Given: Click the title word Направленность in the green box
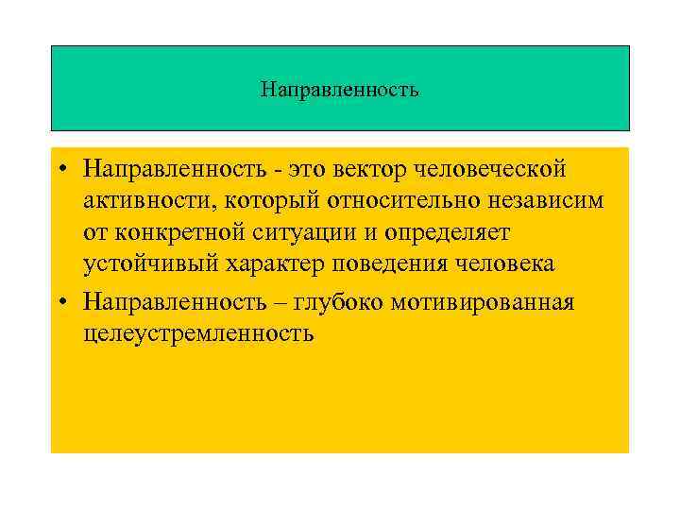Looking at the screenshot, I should click(x=339, y=92).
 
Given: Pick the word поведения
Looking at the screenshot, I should click(x=386, y=267).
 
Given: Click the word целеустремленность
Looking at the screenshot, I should click(x=198, y=333).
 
